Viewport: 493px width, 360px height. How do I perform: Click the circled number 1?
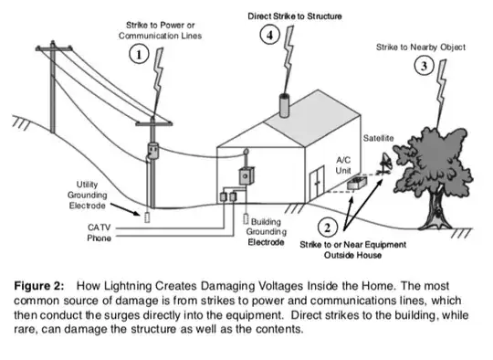point(139,55)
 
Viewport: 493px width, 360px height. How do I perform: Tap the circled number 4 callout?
point(269,35)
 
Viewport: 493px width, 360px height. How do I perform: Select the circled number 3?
point(424,66)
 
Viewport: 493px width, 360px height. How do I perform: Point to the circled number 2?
point(328,228)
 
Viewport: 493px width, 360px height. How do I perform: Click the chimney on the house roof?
point(284,105)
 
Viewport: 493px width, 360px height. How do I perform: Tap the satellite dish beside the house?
point(385,164)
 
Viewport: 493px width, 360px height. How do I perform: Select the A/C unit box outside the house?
point(357,183)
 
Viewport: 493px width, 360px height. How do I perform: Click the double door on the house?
point(317,184)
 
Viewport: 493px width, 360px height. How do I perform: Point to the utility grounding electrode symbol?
point(147,217)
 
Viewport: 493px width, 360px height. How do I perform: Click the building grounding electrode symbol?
point(246,219)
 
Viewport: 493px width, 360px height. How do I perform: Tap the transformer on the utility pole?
point(153,151)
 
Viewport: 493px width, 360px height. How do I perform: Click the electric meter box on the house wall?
point(246,176)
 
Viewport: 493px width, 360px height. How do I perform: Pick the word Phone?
point(99,238)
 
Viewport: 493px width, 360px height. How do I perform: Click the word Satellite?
point(378,138)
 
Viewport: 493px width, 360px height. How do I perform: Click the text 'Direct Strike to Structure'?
point(295,16)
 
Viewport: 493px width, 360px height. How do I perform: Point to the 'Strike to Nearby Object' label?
point(421,48)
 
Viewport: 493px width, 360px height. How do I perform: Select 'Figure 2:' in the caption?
point(39,286)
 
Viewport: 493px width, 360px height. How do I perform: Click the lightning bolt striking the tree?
point(441,94)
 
